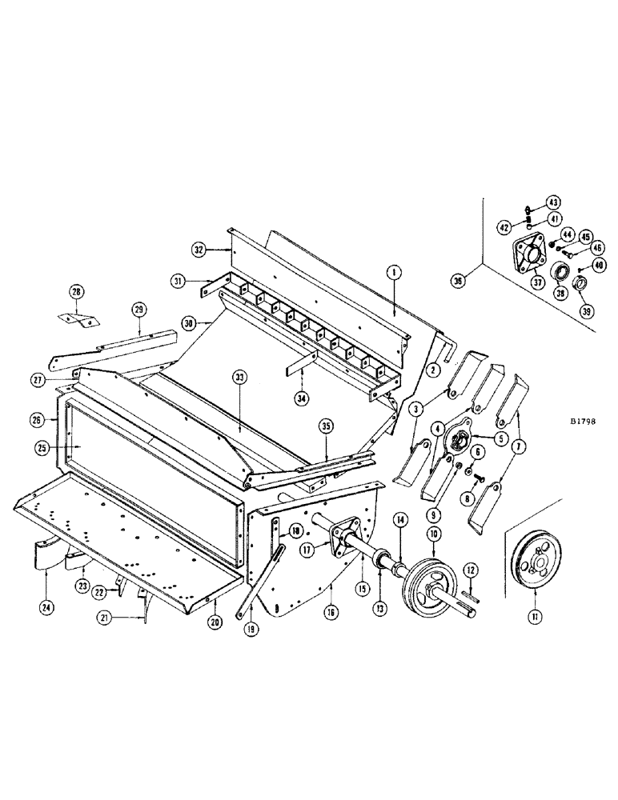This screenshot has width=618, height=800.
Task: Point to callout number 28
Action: coord(75,292)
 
